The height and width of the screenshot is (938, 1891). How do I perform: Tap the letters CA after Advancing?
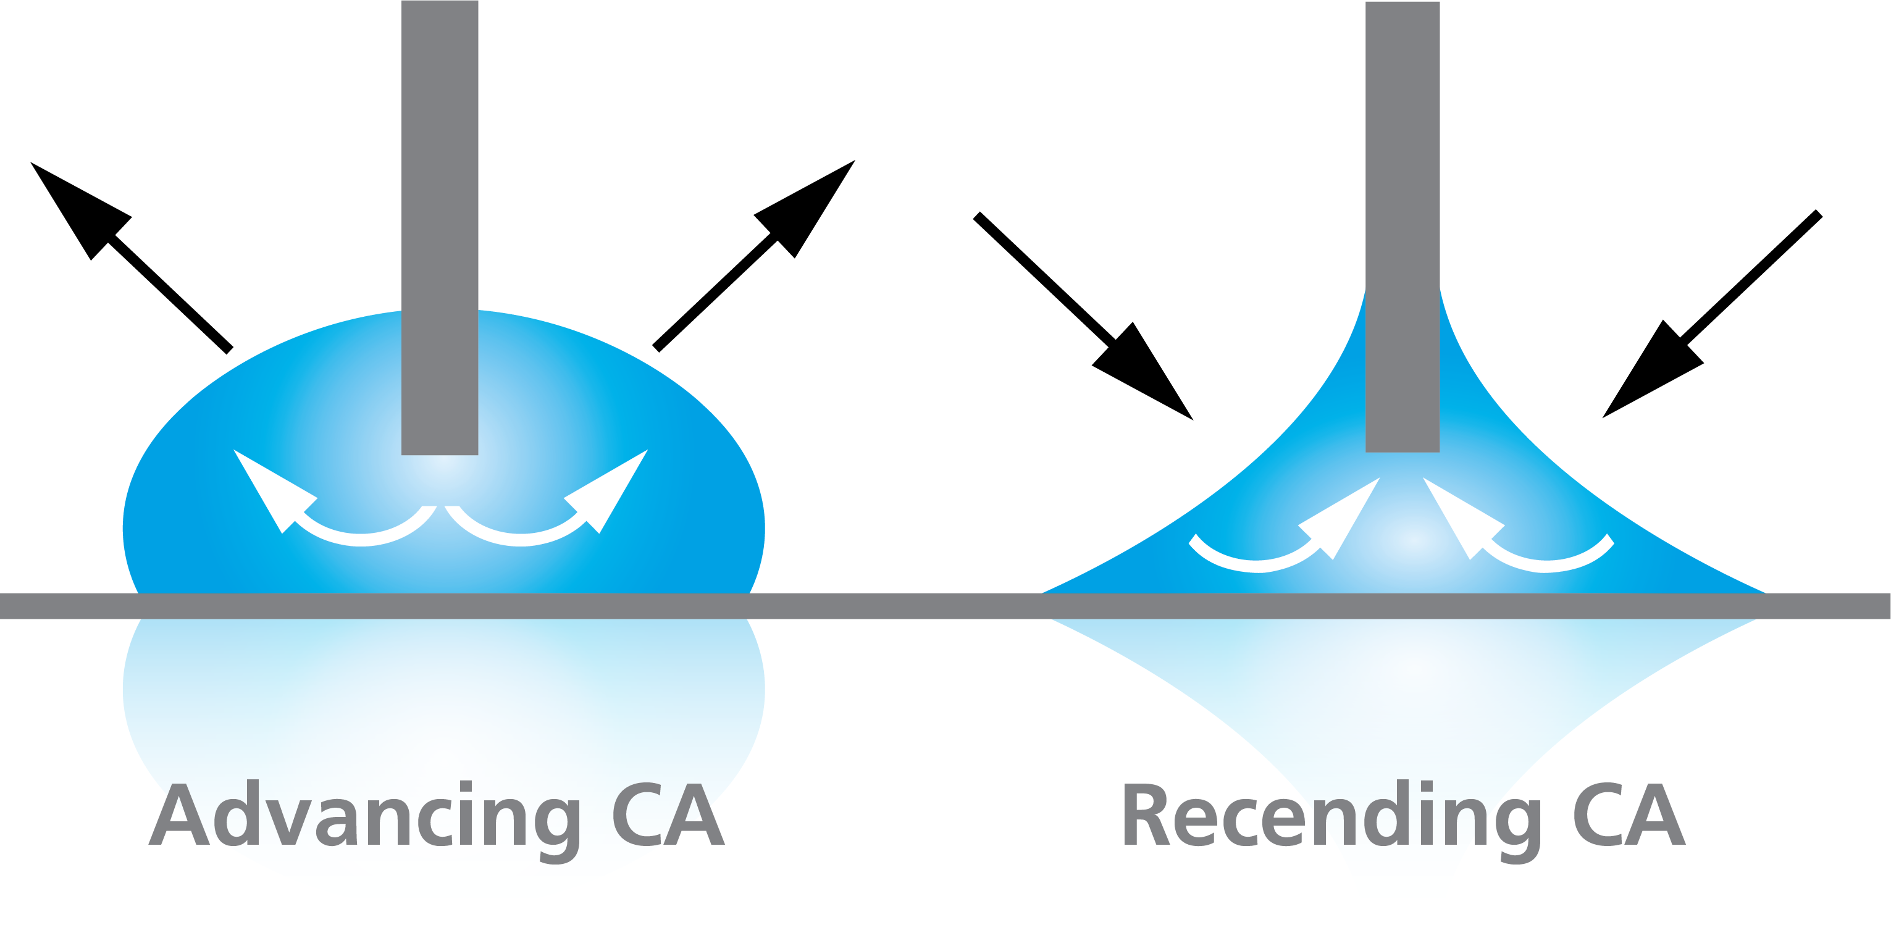point(669,814)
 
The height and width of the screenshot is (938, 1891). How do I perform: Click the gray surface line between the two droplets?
point(895,606)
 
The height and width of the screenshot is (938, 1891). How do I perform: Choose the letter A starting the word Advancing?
point(179,814)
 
